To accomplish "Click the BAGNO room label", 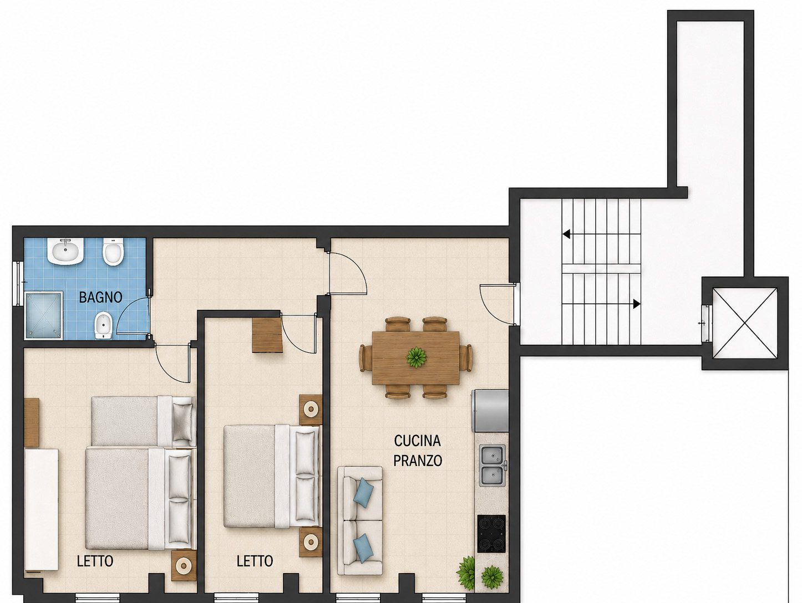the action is coord(100,298).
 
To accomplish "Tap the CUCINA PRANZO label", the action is coord(418,451).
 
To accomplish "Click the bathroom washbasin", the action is coord(65,251).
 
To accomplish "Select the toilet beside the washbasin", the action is coord(113,252).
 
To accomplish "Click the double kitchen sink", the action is coord(492,466).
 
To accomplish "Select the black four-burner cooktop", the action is coord(491,534).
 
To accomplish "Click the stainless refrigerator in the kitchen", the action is coord(490,411).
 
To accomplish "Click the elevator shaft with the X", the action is coord(745,323).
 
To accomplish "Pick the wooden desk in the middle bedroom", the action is coord(267,335).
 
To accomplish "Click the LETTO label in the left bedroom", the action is coord(95,561).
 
